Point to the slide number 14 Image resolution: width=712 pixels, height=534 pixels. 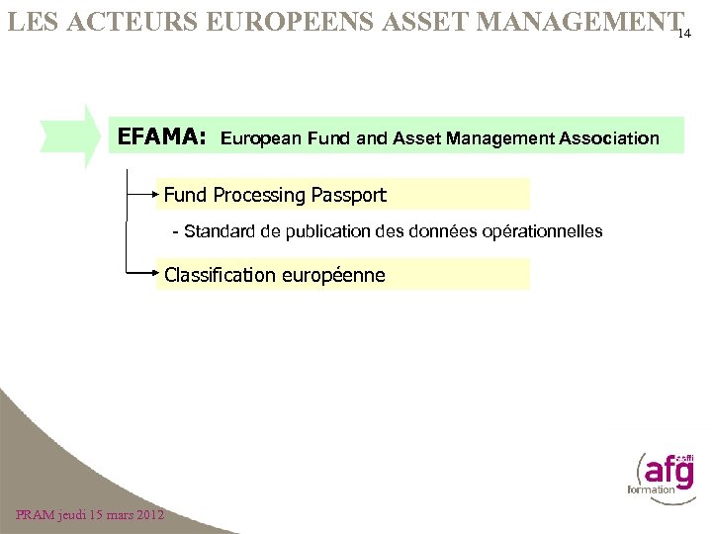[689, 33]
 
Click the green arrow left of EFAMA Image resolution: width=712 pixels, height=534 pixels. [77, 136]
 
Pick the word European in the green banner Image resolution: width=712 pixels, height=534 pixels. [260, 138]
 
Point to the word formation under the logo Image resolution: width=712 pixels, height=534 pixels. [651, 489]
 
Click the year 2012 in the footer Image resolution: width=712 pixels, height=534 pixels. [146, 514]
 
